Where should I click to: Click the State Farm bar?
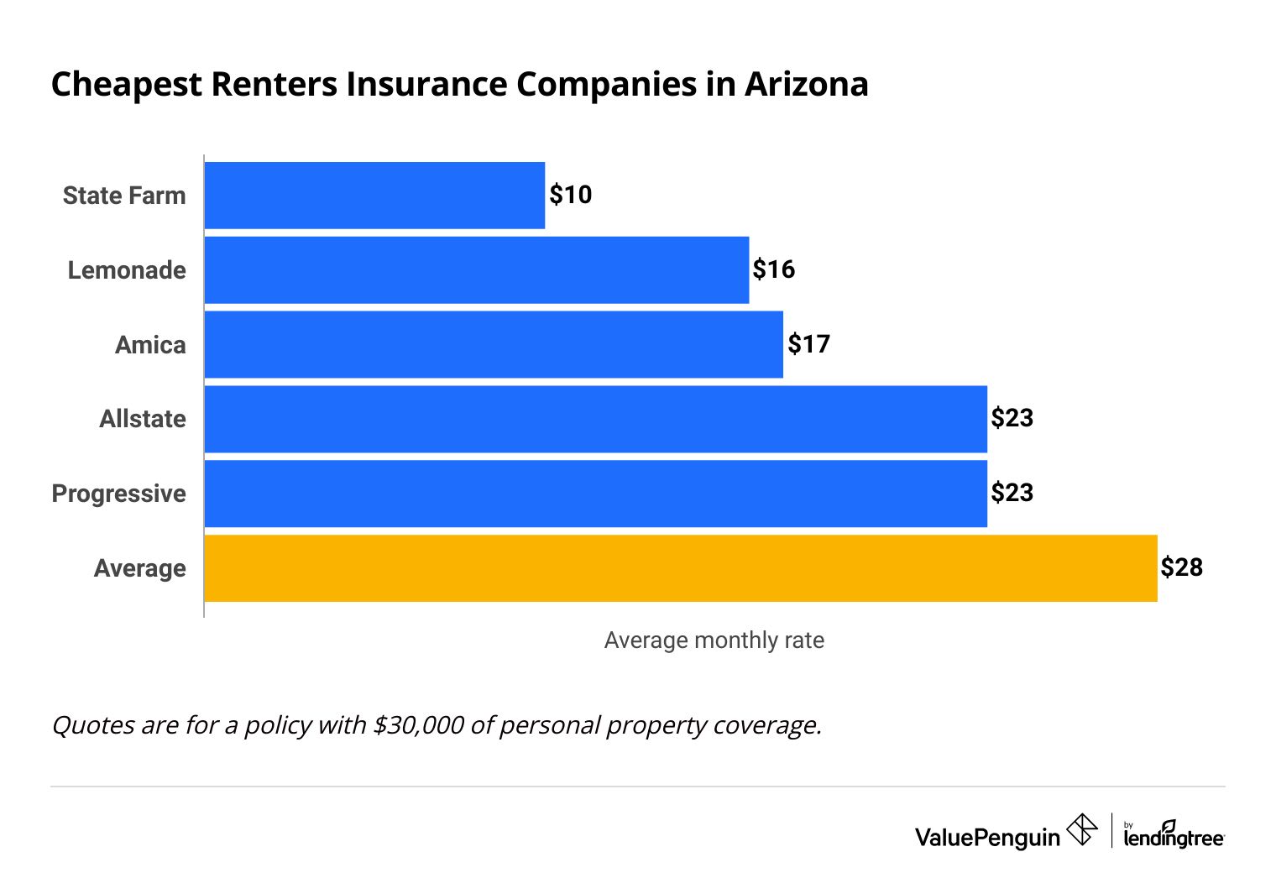[374, 196]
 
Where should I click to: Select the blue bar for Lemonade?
[476, 270]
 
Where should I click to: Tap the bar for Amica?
[494, 345]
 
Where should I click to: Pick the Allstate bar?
[595, 419]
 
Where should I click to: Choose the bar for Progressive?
[595, 494]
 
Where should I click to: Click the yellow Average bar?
[680, 568]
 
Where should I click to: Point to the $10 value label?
[571, 195]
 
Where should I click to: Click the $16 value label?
[773, 269]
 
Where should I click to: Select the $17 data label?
[808, 344]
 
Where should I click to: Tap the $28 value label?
[1181, 567]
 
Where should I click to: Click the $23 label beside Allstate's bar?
[1012, 418]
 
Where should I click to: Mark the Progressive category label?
[119, 494]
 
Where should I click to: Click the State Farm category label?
[124, 196]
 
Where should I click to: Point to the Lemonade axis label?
[127, 270]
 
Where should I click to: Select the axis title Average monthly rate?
[714, 640]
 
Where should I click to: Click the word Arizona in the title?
[806, 85]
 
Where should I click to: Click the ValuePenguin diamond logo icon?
[1081, 830]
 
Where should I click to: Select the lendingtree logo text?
[1174, 836]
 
